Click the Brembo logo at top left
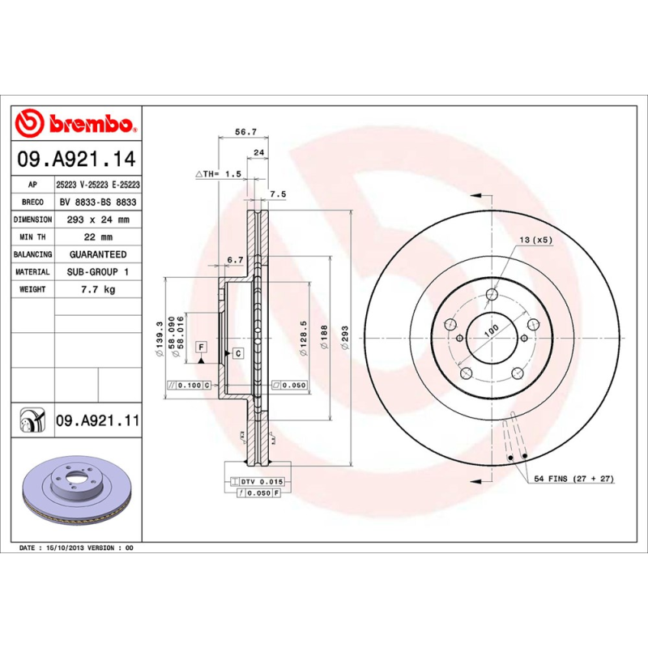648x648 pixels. click(x=77, y=124)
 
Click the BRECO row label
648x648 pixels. click(x=33, y=202)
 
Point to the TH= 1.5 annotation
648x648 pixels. click(x=219, y=174)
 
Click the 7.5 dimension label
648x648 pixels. click(x=278, y=194)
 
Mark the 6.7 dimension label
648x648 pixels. click(x=235, y=259)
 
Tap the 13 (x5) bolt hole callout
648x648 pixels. click(x=535, y=241)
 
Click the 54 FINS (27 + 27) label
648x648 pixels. click(x=573, y=480)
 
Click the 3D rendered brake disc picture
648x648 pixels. click(x=77, y=491)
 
